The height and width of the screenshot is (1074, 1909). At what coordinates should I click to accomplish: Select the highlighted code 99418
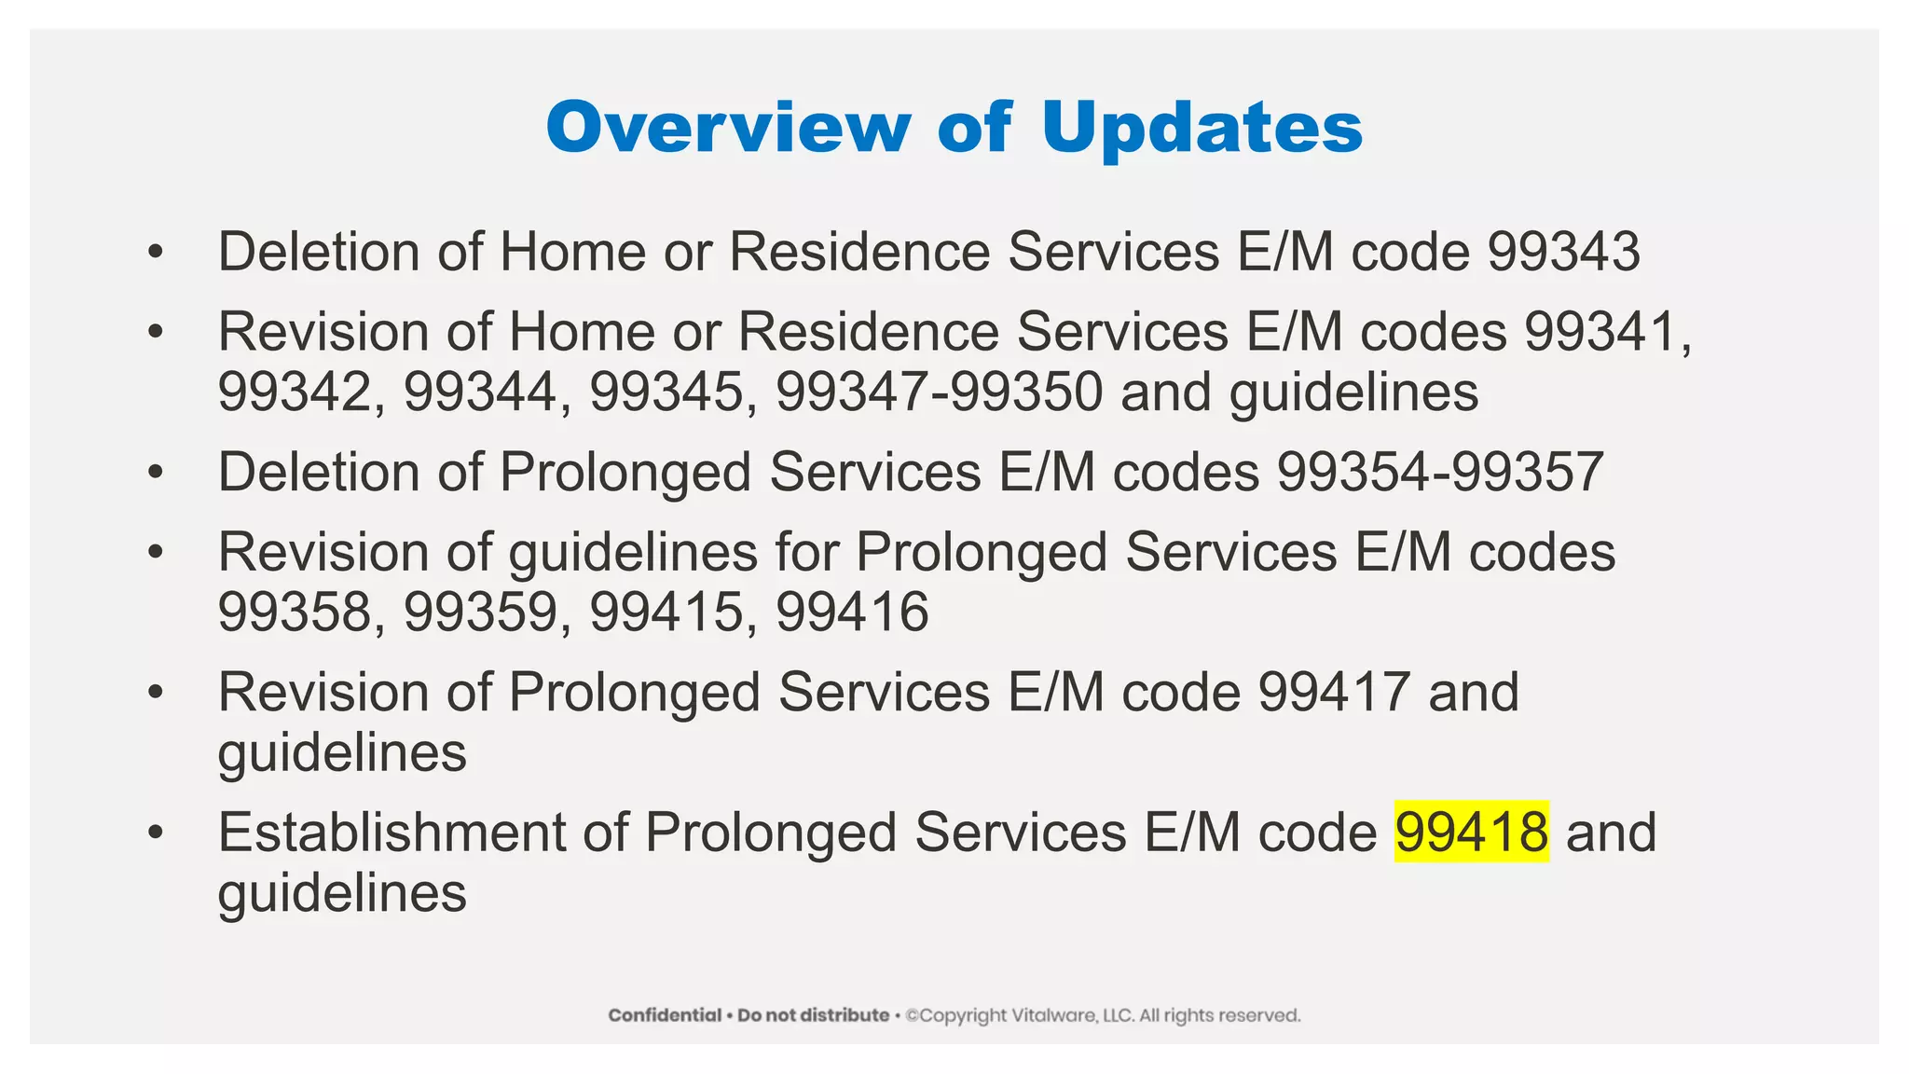pyautogui.click(x=1471, y=832)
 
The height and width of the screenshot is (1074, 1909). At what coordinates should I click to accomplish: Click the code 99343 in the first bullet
pyautogui.click(x=1563, y=252)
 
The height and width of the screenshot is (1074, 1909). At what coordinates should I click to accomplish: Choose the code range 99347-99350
pyautogui.click(x=940, y=392)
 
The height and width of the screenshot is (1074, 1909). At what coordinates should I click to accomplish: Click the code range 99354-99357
pyautogui.click(x=1440, y=472)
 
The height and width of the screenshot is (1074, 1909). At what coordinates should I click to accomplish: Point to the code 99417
pyautogui.click(x=1334, y=692)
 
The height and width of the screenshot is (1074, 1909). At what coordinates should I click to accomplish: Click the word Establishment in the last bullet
pyautogui.click(x=391, y=832)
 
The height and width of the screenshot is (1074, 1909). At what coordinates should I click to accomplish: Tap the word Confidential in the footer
pyautogui.click(x=665, y=1015)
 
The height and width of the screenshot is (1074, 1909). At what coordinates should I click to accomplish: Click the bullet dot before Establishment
pyautogui.click(x=155, y=830)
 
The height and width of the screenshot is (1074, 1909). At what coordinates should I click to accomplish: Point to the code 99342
pyautogui.click(x=295, y=392)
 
